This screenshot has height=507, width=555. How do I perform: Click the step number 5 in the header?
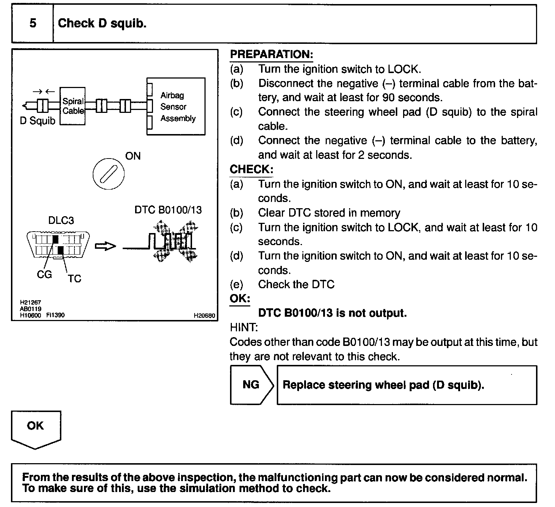pyautogui.click(x=33, y=23)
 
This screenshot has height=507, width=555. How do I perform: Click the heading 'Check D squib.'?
pyautogui.click(x=102, y=23)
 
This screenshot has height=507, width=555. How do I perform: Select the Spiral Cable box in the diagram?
pyautogui.click(x=73, y=106)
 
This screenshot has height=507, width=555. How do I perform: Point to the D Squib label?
pyautogui.click(x=37, y=121)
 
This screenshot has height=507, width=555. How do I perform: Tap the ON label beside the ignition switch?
pyautogui.click(x=133, y=156)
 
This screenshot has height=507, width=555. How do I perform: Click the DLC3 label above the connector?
pyautogui.click(x=61, y=220)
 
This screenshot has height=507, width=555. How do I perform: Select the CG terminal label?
pyautogui.click(x=44, y=274)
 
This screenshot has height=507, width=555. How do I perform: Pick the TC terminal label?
pyautogui.click(x=74, y=279)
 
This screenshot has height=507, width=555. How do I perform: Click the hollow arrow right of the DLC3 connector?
pyautogui.click(x=105, y=247)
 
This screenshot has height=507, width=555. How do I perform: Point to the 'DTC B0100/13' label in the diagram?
pyautogui.click(x=168, y=210)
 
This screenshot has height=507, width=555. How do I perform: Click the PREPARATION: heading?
pyautogui.click(x=271, y=55)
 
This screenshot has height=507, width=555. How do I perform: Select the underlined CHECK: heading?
pyautogui.click(x=251, y=169)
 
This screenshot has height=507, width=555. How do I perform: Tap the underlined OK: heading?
pyautogui.click(x=240, y=298)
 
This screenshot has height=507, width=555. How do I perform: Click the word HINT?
pyautogui.click(x=244, y=327)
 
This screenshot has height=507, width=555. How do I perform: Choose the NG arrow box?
pyautogui.click(x=251, y=385)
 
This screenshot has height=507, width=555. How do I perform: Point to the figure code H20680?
pyautogui.click(x=204, y=316)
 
